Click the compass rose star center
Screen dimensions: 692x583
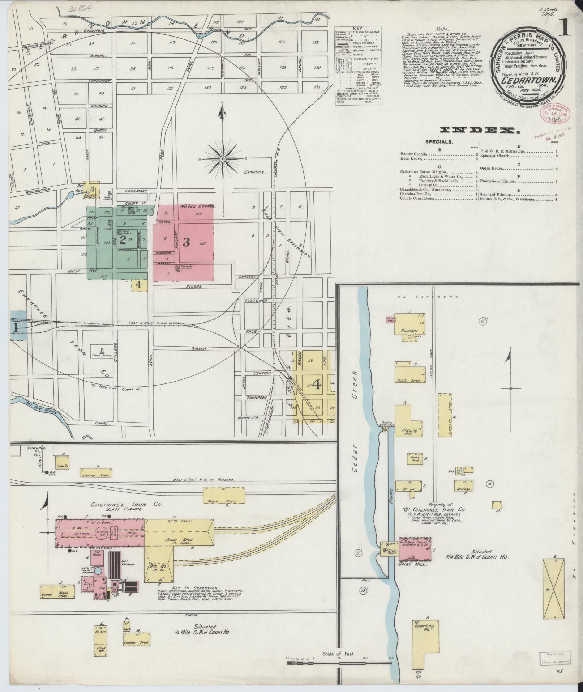[x=223, y=159]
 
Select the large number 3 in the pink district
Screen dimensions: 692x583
[x=186, y=242]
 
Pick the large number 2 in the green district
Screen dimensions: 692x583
[x=123, y=239]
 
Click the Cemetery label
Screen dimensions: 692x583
[x=254, y=172]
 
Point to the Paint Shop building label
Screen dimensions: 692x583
[x=415, y=459]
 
